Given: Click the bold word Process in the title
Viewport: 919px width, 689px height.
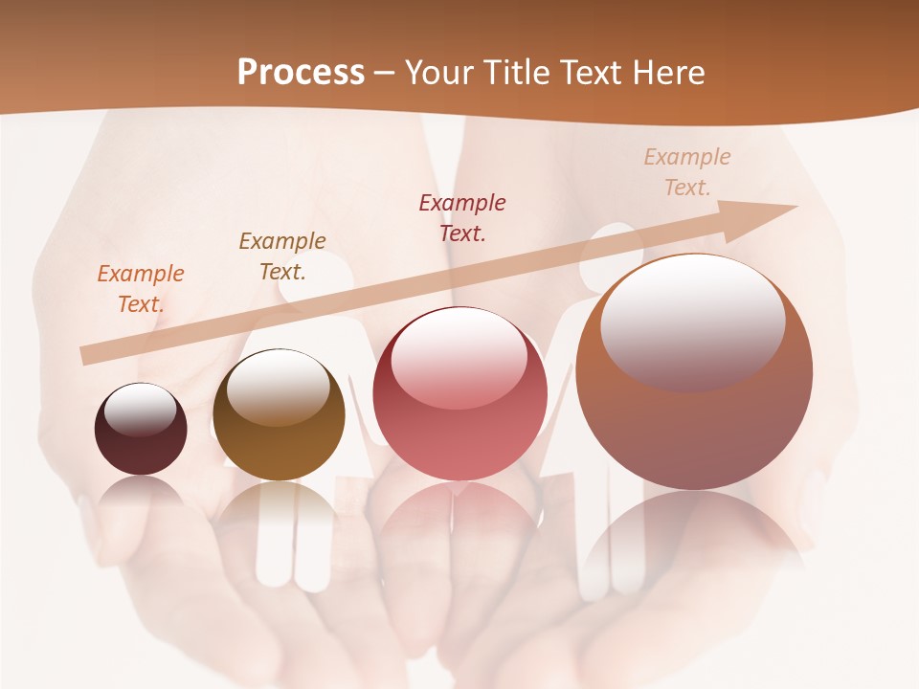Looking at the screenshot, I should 301,72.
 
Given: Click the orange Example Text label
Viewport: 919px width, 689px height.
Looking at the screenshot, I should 141,289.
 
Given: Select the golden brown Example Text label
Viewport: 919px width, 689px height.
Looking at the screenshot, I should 282,256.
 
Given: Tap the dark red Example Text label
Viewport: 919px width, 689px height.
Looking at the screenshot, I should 462,217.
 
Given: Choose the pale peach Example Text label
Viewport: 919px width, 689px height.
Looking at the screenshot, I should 686,172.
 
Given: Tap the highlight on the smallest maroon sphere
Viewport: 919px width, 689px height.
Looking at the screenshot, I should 140,410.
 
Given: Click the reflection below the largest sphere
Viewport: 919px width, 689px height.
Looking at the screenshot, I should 694,536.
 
